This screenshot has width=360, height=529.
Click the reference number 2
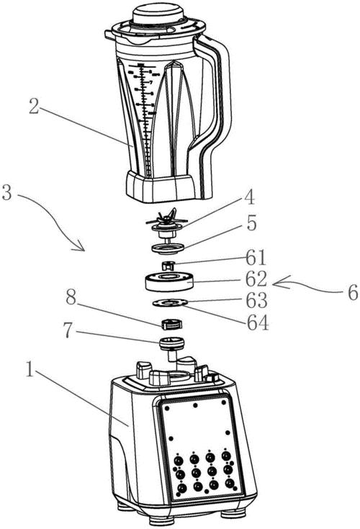point(34,106)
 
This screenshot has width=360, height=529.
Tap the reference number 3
point(8,193)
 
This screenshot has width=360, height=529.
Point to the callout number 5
point(251,222)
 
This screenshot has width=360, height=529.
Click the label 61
point(256,258)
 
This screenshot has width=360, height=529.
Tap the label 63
point(257,300)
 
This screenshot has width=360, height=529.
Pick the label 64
point(258,323)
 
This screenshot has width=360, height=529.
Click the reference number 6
point(353,292)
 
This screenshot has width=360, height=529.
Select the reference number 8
point(71,298)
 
